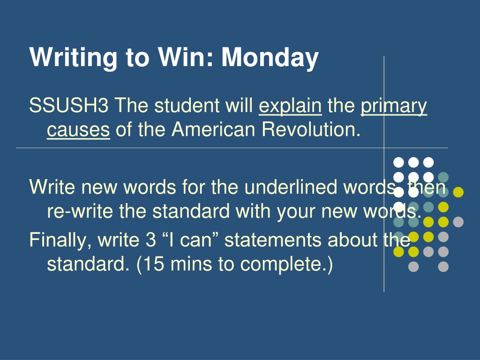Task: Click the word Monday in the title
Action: pyautogui.click(x=270, y=58)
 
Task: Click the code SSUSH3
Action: pyautogui.click(x=68, y=105)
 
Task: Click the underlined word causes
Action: pyautogui.click(x=78, y=130)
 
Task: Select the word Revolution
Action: pyautogui.click(x=311, y=129)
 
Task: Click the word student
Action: pyautogui.click(x=187, y=105)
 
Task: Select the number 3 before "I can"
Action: pyautogui.click(x=151, y=240)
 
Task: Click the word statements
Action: pyautogui.click(x=273, y=240)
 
